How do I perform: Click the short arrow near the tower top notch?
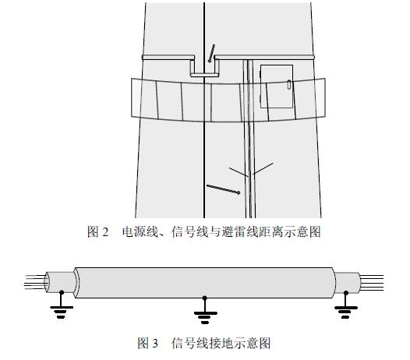point(211,53)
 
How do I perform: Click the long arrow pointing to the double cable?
point(223,189)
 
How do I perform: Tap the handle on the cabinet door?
point(289,85)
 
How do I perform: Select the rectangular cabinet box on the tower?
point(277,86)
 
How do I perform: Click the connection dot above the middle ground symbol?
point(205,298)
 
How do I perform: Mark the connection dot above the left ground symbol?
point(62,292)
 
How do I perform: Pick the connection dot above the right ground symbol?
point(346,292)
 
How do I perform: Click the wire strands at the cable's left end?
point(35,282)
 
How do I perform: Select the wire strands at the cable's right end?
point(372,282)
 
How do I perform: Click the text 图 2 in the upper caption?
point(97,231)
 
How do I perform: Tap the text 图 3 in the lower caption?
point(148,343)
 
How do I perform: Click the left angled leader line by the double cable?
point(239,171)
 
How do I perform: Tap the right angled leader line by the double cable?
point(263,168)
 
